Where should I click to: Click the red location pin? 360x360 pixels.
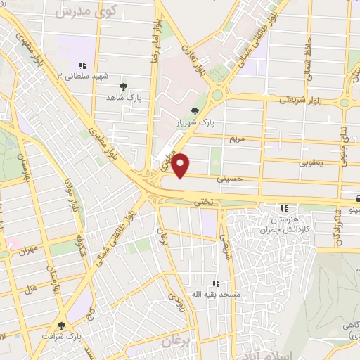coord(181,165)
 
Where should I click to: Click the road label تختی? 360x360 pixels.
coord(202,202)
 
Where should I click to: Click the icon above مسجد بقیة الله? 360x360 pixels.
coord(216,283)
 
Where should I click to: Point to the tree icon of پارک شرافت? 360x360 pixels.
coord(61,325)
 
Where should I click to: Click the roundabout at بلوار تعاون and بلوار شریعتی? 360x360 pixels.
coord(217,94)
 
